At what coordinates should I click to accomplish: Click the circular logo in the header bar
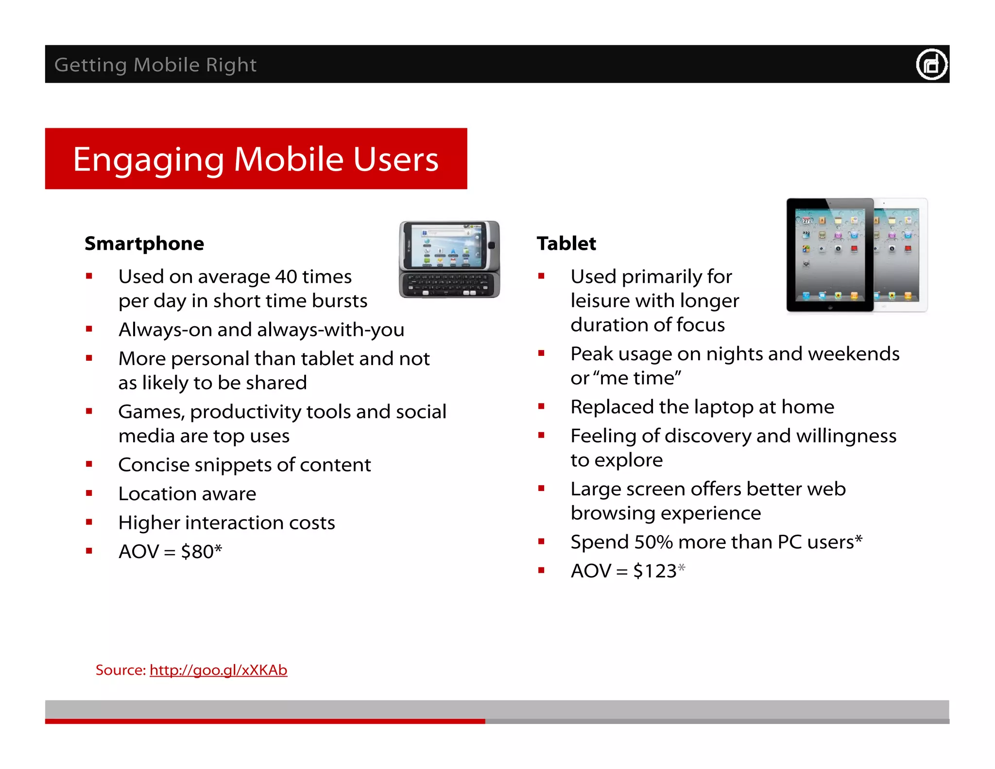pos(931,65)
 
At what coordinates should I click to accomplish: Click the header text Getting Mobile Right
pos(155,65)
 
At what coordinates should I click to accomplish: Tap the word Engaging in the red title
pos(149,159)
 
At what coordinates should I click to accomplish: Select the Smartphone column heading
pos(144,244)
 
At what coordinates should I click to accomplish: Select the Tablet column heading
pos(566,244)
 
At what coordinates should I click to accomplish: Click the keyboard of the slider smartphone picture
pos(449,285)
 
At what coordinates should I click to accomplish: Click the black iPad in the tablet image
pos(829,255)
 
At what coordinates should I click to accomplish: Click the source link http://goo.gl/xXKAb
pos(218,670)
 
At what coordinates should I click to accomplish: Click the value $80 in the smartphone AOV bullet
pos(197,552)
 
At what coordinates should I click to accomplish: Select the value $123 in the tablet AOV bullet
pos(654,571)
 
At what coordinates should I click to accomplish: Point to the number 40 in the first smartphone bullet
pos(286,277)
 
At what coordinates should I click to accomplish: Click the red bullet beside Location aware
pos(89,493)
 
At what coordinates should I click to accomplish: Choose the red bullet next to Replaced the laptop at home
pos(541,406)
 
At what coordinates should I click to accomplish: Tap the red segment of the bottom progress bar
pos(265,721)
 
